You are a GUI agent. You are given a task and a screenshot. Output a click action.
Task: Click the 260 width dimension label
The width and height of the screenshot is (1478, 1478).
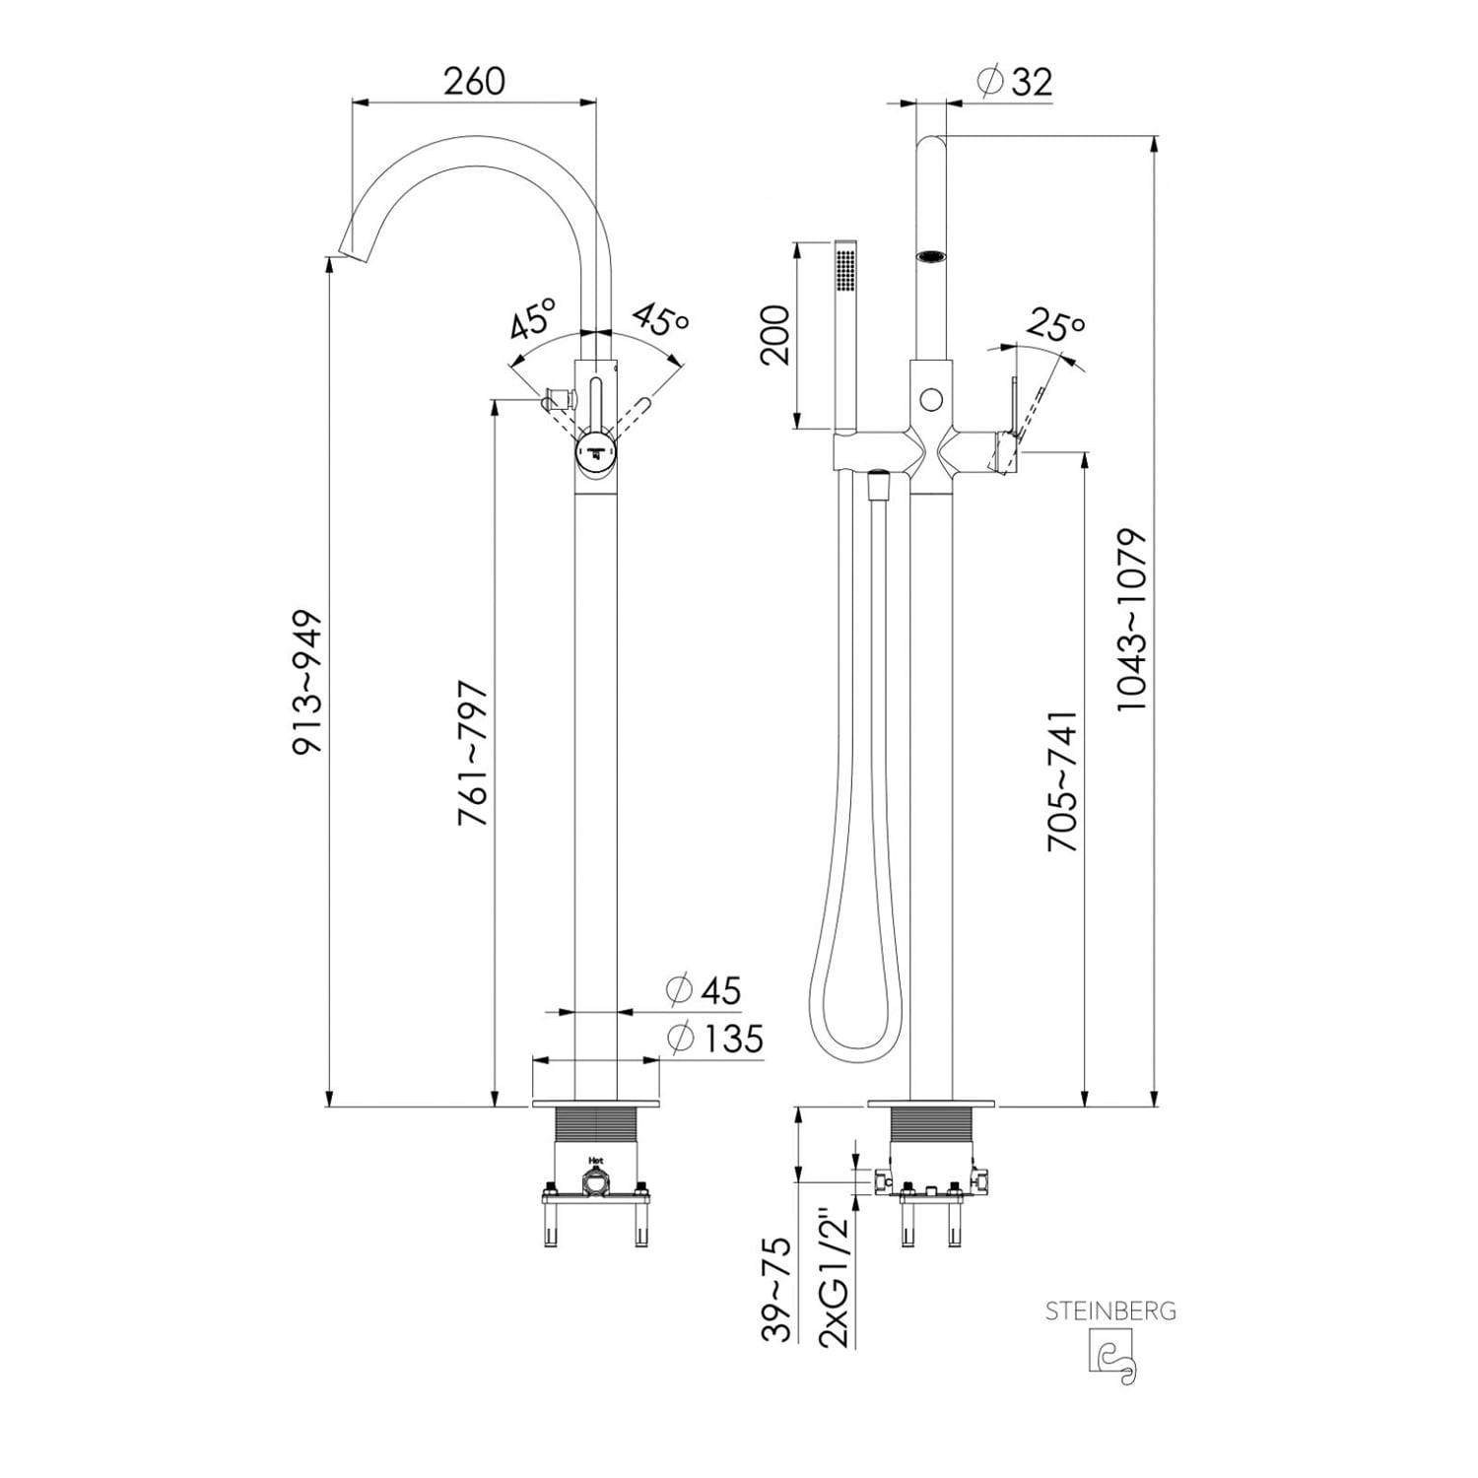(474, 81)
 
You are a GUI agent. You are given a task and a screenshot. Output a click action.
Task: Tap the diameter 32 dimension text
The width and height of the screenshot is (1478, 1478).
(1015, 82)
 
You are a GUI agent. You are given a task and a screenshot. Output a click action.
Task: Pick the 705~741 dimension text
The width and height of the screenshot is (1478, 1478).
(1063, 780)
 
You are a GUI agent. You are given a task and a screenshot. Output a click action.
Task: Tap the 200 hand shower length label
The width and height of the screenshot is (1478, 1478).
(776, 335)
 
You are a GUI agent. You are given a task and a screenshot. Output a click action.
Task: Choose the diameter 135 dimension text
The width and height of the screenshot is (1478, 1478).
(715, 1038)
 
